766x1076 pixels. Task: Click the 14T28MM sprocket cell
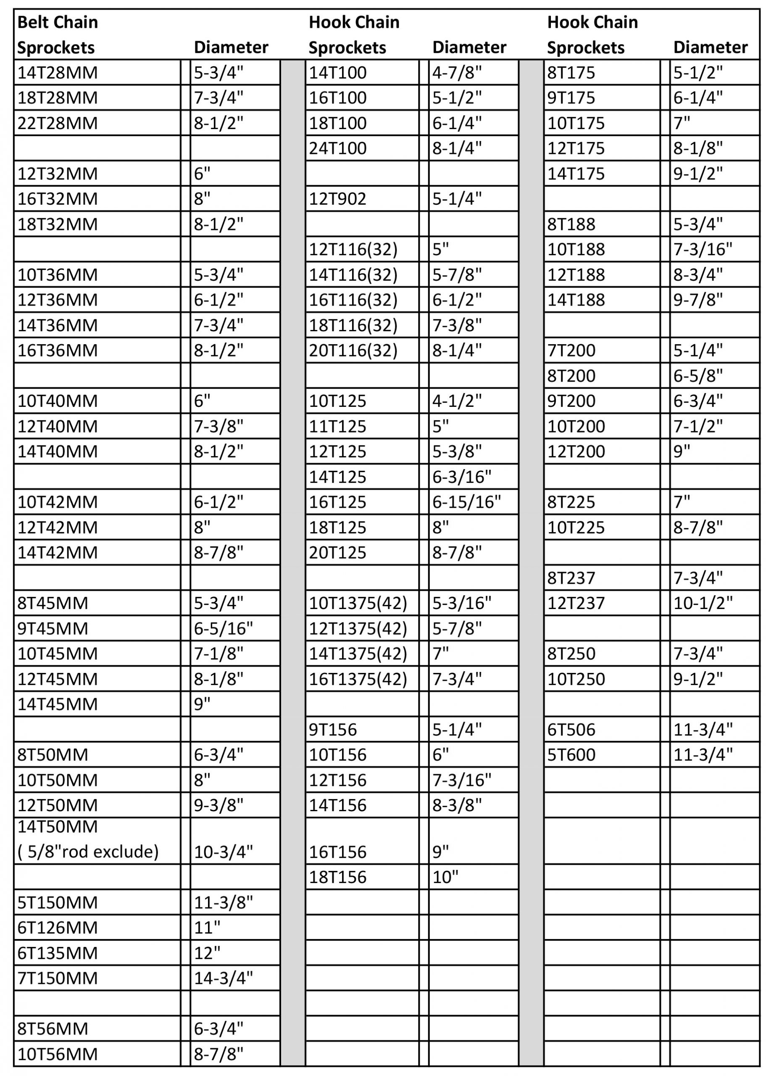point(58,73)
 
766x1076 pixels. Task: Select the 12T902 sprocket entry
point(337,198)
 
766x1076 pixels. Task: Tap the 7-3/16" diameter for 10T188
point(702,249)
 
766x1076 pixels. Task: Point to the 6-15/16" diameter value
point(466,502)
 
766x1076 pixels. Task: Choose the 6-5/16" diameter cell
point(223,628)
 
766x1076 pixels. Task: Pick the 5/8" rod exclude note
point(88,852)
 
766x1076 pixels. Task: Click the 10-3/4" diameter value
point(223,852)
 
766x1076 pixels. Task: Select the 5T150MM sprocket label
point(58,902)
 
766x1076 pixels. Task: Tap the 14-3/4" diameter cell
point(223,978)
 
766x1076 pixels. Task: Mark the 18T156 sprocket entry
point(337,877)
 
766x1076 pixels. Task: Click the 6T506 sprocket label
point(571,730)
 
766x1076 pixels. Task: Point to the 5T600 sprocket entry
point(571,755)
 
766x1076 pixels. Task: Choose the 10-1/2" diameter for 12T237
point(702,603)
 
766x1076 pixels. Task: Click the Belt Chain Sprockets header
point(58,35)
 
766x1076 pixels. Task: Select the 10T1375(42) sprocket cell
point(358,603)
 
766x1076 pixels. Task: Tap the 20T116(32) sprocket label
point(353,351)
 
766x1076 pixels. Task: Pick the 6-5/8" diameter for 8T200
point(698,376)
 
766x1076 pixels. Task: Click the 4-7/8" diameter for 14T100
point(457,73)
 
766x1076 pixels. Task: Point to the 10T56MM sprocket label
point(58,1054)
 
